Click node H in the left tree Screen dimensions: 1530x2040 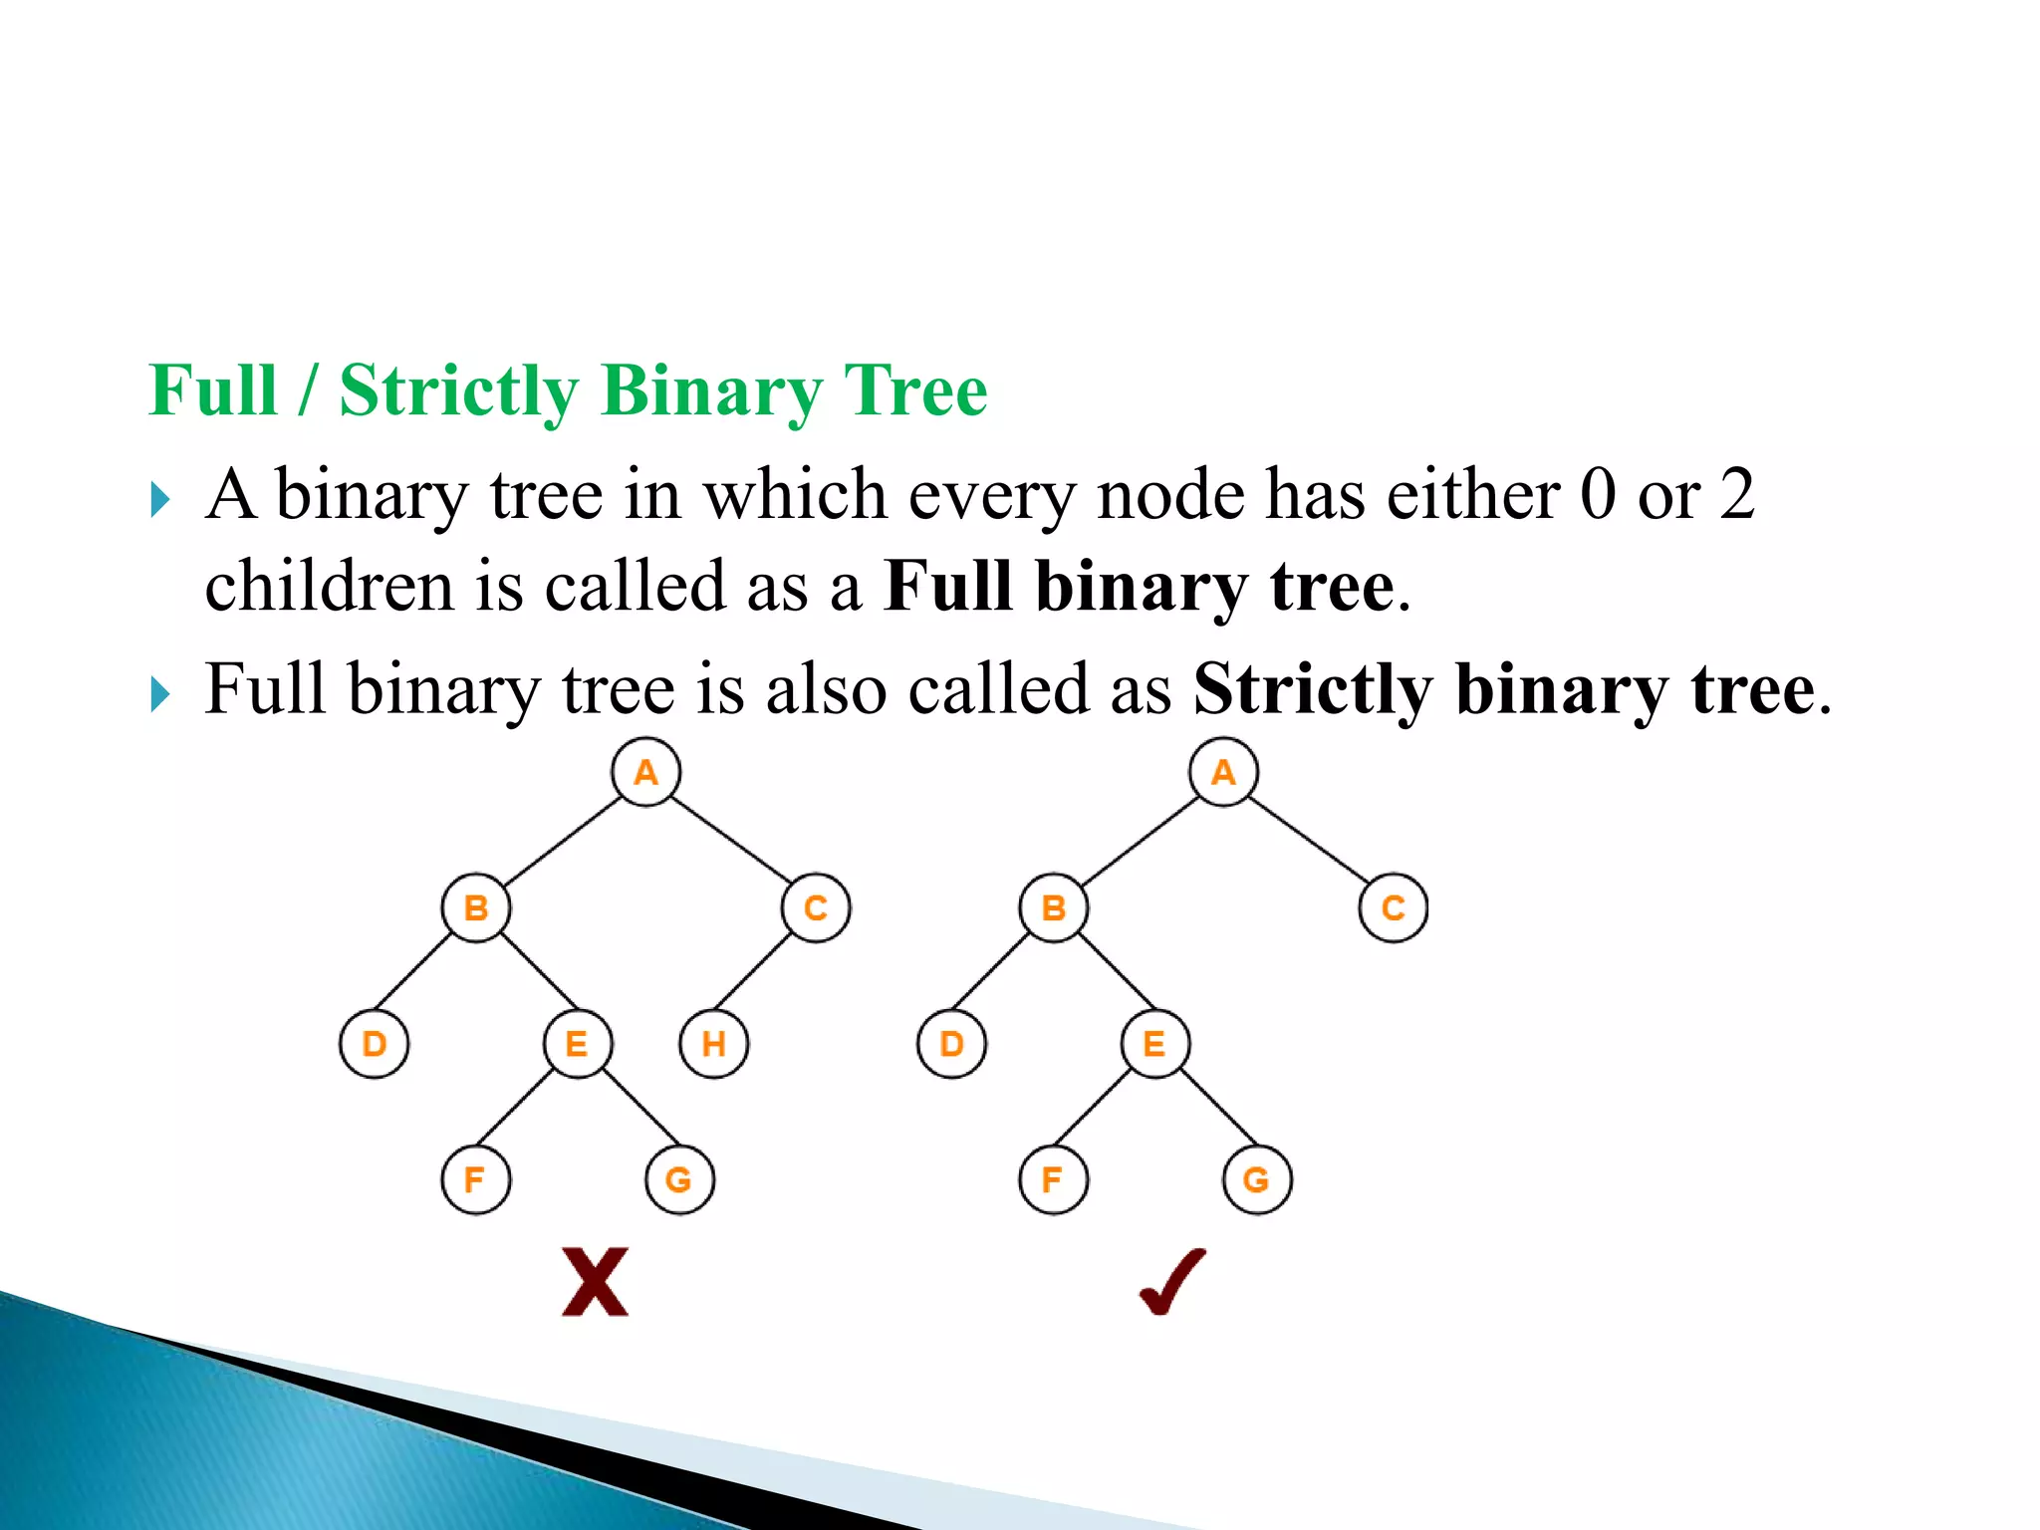713,1044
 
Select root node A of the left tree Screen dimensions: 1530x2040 645,772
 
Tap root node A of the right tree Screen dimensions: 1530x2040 1223,772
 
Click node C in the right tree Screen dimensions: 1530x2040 1393,907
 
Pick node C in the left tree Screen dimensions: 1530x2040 815,907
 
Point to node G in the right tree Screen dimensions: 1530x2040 1257,1179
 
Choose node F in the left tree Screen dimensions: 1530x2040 475,1179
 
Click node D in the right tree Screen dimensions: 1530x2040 951,1044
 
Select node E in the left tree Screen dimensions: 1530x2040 577,1044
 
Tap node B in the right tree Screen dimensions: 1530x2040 1054,907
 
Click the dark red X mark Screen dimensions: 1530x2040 595,1282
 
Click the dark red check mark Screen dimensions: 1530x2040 1172,1282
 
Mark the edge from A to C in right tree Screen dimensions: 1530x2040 1309,840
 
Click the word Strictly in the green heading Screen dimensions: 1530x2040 458,390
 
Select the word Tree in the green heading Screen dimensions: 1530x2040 915,390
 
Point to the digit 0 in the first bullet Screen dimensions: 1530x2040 1598,494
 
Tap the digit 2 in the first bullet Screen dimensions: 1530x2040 1736,494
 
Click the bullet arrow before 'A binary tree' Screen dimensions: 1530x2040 160,498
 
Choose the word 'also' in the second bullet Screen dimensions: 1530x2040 826,689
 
